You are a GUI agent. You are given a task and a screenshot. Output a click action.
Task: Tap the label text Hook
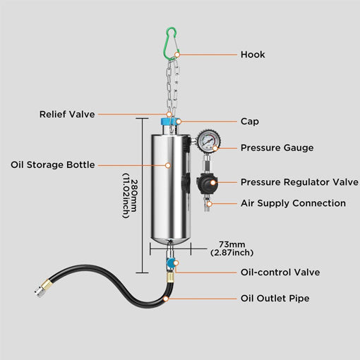point(253,54)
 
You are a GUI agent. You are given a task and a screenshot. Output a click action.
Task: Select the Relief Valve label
point(67,114)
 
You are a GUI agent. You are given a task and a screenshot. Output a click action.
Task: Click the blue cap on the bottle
point(170,121)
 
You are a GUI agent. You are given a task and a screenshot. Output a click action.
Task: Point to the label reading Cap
point(250,121)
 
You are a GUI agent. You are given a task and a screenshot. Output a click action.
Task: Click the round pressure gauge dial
point(208,141)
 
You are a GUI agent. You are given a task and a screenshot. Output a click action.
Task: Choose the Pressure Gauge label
point(277,148)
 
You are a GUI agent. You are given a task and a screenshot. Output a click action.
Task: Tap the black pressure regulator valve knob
point(208,184)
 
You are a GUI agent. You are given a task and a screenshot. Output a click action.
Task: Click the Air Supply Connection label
point(293,203)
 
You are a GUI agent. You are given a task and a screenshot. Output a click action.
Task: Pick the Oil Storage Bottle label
point(53,164)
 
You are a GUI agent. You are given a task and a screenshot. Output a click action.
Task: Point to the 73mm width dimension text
point(232,248)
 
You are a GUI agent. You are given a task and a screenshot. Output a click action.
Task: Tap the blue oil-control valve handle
point(170,263)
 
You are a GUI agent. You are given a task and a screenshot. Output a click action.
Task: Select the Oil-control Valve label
point(280,272)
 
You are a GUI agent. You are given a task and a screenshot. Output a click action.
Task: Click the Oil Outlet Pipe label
point(275,299)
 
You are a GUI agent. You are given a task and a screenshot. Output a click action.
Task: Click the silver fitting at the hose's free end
point(38,292)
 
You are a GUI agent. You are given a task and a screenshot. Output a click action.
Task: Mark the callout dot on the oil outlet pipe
point(166,299)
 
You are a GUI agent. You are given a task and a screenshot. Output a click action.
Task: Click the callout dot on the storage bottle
point(168,165)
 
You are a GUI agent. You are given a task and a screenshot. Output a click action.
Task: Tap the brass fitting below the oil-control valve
point(170,277)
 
